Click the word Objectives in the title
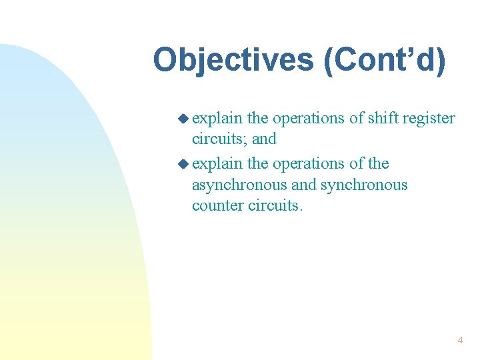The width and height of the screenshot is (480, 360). [x=234, y=60]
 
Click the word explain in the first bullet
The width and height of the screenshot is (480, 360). [x=217, y=119]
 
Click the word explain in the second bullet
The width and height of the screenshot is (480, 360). [x=217, y=163]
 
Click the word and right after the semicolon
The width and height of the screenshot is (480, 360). [x=264, y=139]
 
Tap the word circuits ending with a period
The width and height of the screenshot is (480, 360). [x=275, y=205]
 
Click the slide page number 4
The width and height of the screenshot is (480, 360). [x=460, y=341]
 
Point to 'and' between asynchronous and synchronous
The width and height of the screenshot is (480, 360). [x=304, y=185]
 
